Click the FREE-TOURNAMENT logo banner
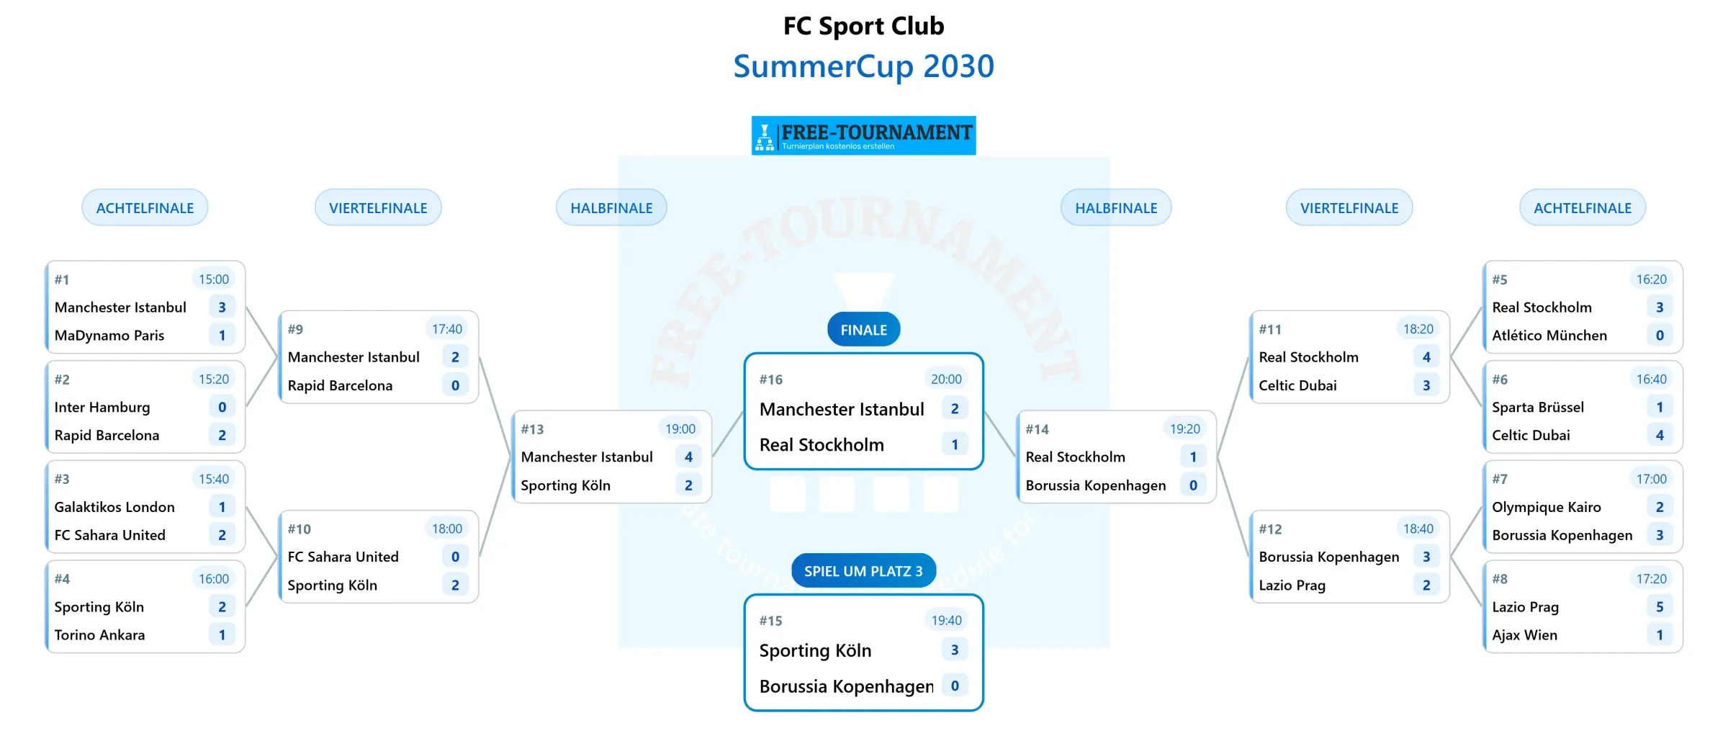tap(863, 135)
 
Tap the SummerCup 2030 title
tap(863, 66)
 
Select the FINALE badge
tap(863, 330)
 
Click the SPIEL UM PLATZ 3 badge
tap(863, 571)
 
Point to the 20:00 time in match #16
tap(946, 380)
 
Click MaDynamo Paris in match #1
tap(109, 336)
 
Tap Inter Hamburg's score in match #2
tap(222, 408)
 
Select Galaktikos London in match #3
tap(114, 507)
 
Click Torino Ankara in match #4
tap(99, 635)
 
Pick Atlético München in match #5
tap(1549, 336)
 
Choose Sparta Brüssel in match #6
tap(1538, 408)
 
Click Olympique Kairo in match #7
tap(1547, 507)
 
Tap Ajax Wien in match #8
tap(1524, 635)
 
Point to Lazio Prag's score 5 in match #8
tap(1660, 607)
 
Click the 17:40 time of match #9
tap(447, 329)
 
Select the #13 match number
tap(532, 429)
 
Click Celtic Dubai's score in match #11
tap(1426, 385)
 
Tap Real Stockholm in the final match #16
tap(822, 445)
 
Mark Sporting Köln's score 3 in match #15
tap(955, 650)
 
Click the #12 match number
tap(1270, 529)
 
